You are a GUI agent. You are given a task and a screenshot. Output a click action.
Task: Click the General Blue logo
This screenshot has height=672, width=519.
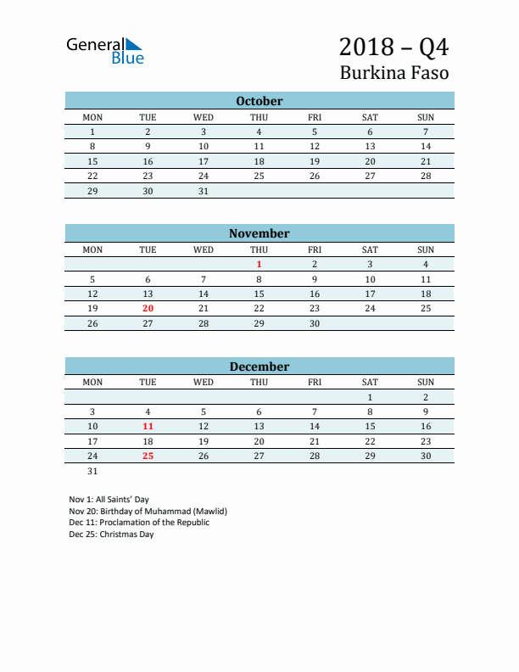(x=105, y=50)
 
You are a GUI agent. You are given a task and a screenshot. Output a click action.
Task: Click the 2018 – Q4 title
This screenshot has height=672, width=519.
(x=393, y=46)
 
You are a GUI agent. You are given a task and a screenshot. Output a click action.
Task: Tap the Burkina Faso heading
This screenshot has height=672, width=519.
(x=394, y=73)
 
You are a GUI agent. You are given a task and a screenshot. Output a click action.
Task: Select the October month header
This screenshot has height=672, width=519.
(x=259, y=101)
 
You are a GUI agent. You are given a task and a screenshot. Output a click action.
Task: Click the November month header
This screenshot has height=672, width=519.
(x=259, y=233)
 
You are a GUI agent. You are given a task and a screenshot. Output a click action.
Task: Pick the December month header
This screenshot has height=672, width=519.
(x=259, y=367)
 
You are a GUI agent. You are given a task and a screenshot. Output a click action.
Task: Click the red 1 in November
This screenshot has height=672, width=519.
(x=259, y=265)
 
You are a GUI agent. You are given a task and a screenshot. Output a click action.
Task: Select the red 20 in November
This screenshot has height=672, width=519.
(x=148, y=309)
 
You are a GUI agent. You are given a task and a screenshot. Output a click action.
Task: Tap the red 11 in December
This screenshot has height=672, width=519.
(x=148, y=427)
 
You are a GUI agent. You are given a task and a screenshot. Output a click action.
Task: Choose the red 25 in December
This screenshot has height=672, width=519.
(x=148, y=456)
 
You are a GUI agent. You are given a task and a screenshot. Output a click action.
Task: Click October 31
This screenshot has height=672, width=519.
(x=204, y=191)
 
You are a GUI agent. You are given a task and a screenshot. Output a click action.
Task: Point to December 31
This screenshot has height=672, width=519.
(x=93, y=471)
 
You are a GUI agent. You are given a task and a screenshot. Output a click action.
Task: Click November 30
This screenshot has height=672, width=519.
(x=315, y=323)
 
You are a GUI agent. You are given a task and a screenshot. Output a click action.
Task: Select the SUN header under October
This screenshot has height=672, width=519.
(x=426, y=117)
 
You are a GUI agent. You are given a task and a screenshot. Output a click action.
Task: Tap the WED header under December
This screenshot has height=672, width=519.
(x=204, y=382)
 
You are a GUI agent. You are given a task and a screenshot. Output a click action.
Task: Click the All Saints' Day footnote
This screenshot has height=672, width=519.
(x=109, y=500)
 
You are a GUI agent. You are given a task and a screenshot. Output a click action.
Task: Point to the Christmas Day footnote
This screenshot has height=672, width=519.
(x=111, y=535)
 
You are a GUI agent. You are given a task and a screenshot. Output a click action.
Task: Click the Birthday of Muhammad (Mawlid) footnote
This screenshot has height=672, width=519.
(x=148, y=512)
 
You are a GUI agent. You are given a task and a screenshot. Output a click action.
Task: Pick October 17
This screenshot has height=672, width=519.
(x=204, y=161)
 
